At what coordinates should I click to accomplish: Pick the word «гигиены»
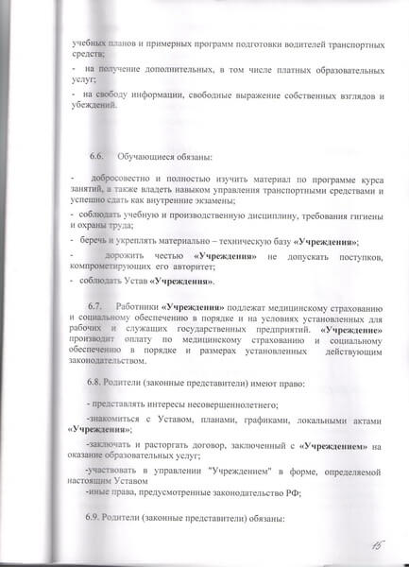[360, 216]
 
